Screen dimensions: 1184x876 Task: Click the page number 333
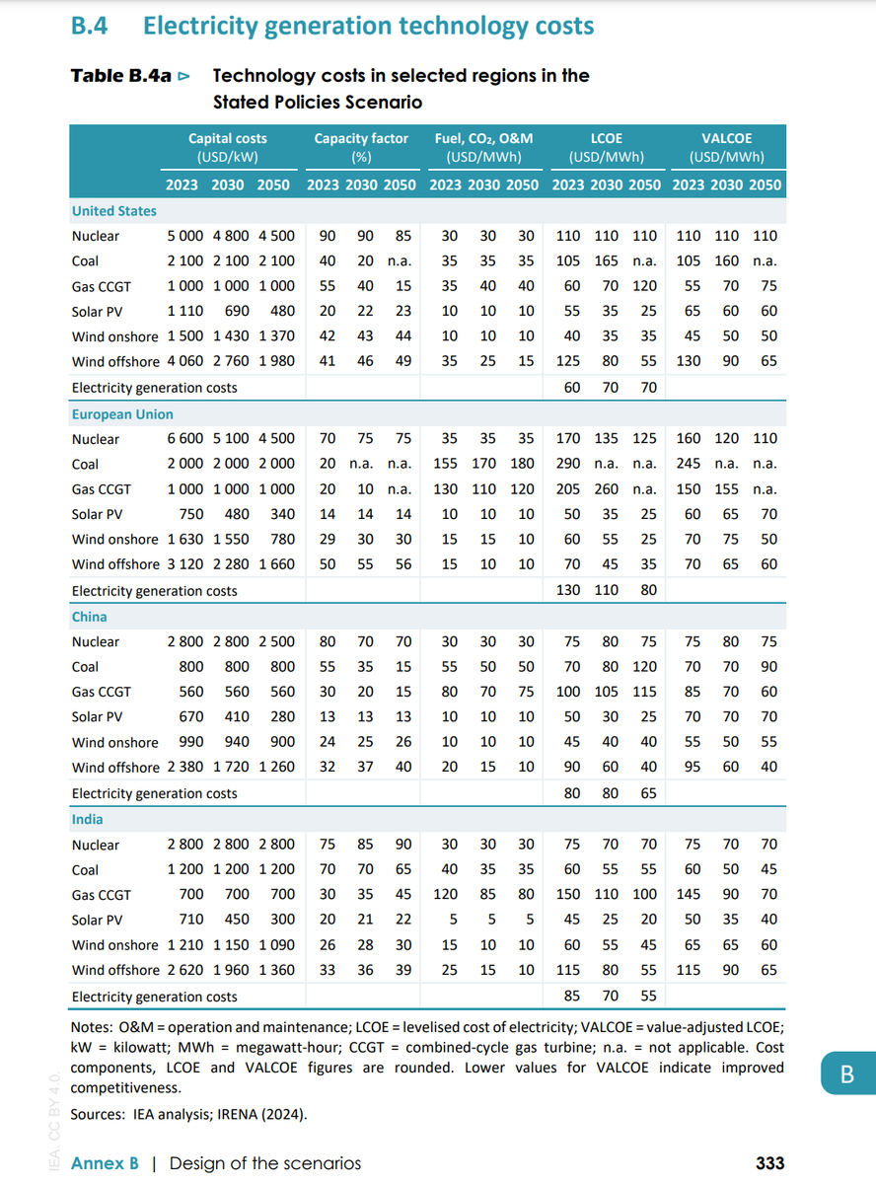[769, 1163]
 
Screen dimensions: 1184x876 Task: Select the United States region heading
[113, 211]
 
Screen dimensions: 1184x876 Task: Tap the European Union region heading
[122, 414]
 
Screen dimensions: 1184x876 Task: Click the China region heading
[89, 617]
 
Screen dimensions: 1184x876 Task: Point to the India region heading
[87, 820]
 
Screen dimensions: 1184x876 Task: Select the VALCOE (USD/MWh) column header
[726, 148]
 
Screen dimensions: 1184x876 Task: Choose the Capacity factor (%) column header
[361, 148]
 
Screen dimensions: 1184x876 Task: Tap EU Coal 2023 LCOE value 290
[567, 464]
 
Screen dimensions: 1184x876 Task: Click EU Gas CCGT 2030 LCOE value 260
[610, 489]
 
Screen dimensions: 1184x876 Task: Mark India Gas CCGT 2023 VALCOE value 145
[689, 895]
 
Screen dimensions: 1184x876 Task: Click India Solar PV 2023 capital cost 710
[191, 920]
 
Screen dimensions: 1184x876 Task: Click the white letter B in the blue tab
[846, 1074]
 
